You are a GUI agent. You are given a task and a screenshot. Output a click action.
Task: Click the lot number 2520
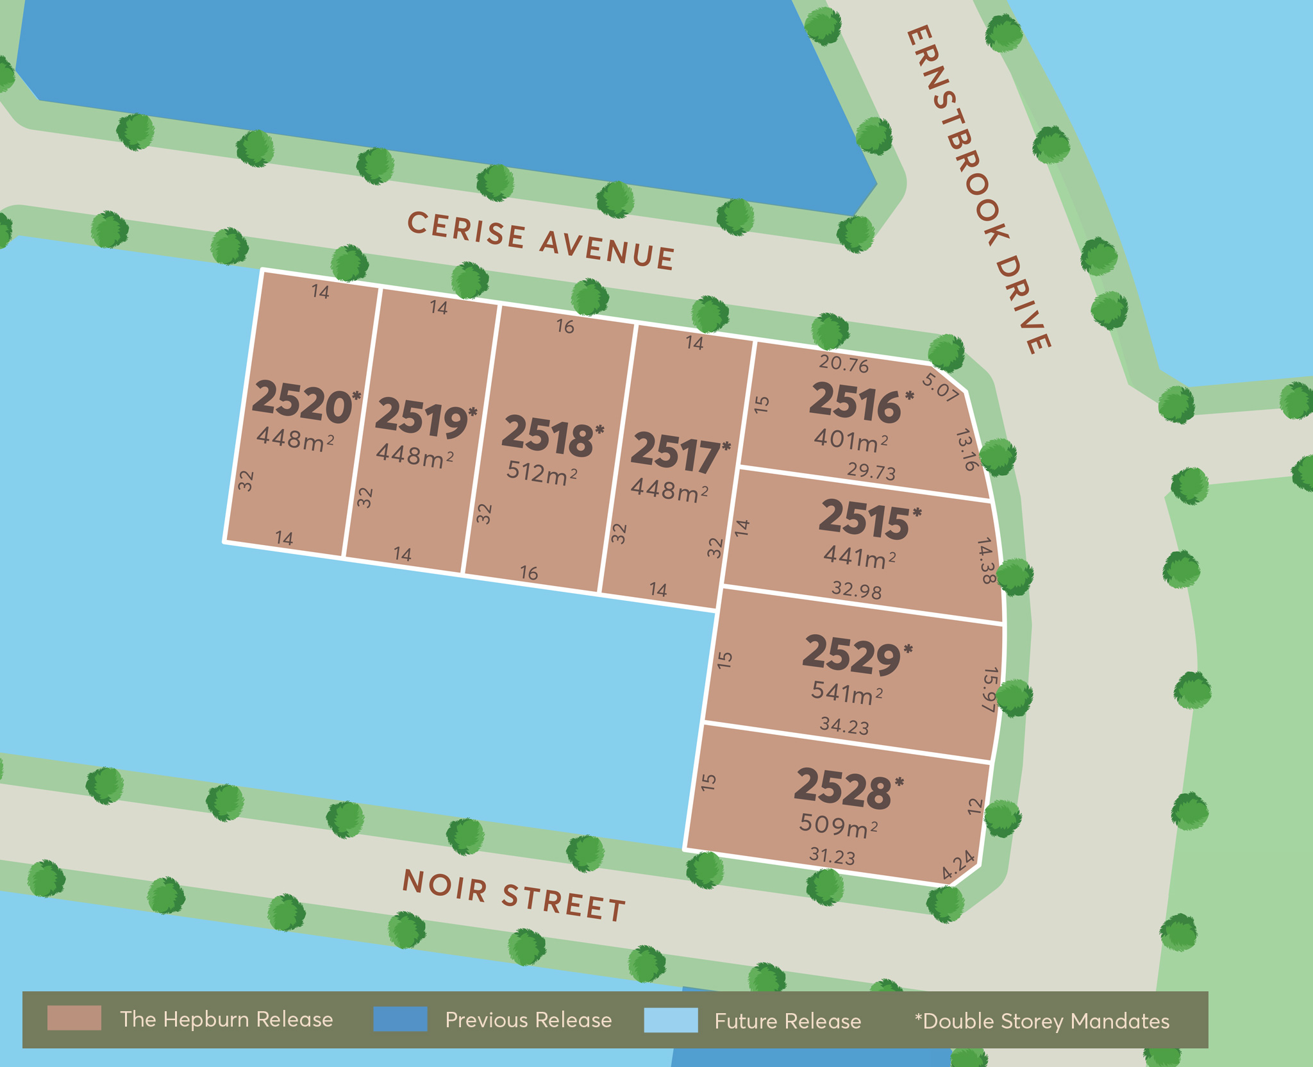(301, 402)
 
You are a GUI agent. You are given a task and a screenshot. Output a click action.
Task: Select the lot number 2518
(548, 437)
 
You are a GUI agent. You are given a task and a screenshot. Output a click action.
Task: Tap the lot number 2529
(851, 655)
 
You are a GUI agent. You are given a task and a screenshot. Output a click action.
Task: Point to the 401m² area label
(851, 441)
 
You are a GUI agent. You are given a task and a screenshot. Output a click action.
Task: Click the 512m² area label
(542, 473)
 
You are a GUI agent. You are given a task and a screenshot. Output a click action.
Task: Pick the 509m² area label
(838, 825)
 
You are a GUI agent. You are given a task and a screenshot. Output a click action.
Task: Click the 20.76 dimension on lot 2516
(844, 364)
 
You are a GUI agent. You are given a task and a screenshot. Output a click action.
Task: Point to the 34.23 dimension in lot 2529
(844, 726)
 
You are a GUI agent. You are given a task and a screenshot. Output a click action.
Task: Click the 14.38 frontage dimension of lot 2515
(987, 560)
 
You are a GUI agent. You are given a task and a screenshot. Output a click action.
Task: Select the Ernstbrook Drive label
(978, 189)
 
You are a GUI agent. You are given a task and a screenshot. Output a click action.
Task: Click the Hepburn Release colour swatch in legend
(74, 1018)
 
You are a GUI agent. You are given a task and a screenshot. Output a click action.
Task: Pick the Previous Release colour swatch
(400, 1019)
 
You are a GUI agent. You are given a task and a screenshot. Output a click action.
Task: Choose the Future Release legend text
(788, 1021)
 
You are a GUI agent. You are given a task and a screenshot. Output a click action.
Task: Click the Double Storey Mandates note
(1042, 1021)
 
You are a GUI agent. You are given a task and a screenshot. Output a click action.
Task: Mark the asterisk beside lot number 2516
(909, 396)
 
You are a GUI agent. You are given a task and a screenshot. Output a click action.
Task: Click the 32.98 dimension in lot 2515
(857, 589)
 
